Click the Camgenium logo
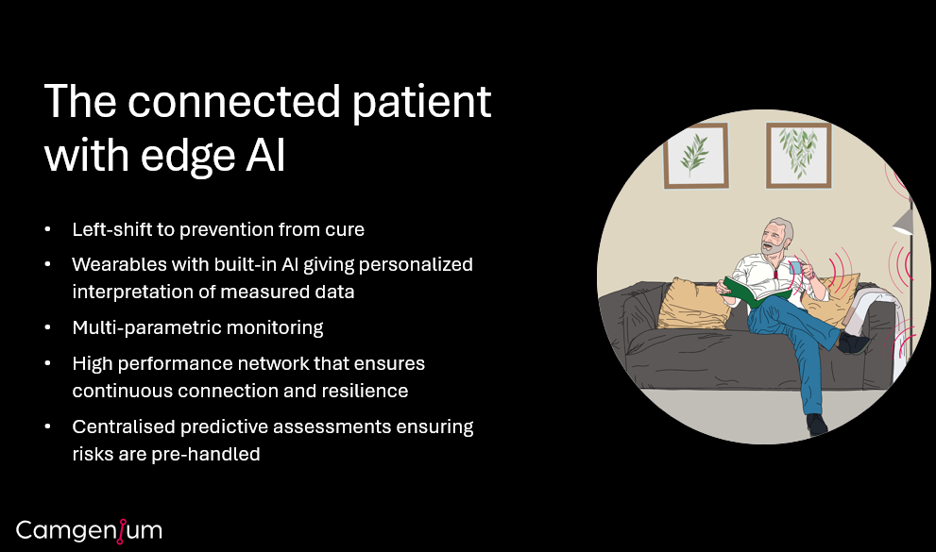point(89,531)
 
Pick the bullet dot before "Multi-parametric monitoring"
point(48,327)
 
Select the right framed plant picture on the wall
point(799,155)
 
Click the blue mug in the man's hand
point(795,267)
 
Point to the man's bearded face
point(774,240)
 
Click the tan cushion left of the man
point(694,304)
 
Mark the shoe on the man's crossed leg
point(854,343)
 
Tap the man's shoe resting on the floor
point(817,425)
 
